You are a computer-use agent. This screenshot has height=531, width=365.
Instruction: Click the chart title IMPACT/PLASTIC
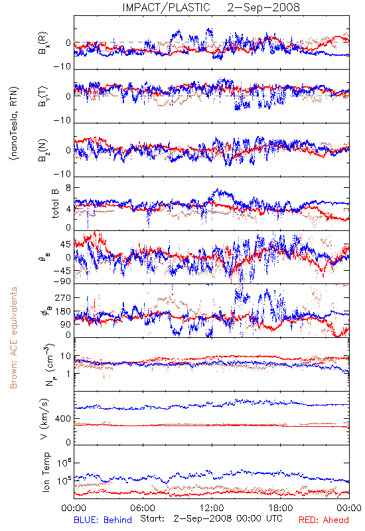coord(166,7)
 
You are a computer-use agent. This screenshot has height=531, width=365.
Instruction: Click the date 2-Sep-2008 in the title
coord(263,7)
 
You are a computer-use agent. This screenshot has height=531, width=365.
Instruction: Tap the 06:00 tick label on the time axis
coord(143,508)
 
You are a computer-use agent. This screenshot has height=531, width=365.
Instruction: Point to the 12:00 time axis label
coord(212,508)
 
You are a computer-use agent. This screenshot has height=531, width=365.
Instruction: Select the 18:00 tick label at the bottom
coord(281,508)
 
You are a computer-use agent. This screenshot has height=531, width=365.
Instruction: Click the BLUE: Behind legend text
coord(103,520)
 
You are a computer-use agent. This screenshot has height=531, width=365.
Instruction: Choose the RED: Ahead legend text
coord(323,520)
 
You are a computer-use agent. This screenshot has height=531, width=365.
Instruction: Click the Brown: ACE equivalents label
coord(13,338)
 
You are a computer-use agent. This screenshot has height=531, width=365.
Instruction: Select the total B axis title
coord(55,203)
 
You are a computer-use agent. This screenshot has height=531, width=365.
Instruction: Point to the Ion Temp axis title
coord(46,472)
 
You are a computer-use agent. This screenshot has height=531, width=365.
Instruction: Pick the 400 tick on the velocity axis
coord(63,419)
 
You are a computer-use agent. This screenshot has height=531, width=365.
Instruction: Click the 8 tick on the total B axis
coord(68,188)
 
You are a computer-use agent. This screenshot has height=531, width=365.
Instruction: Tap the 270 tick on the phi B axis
coord(63,297)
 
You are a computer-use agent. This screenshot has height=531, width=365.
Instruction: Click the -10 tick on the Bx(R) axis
coord(62,67)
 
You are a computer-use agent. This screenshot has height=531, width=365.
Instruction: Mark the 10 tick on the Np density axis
coord(66,356)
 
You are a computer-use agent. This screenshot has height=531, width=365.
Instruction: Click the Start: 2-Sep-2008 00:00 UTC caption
coord(211,518)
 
